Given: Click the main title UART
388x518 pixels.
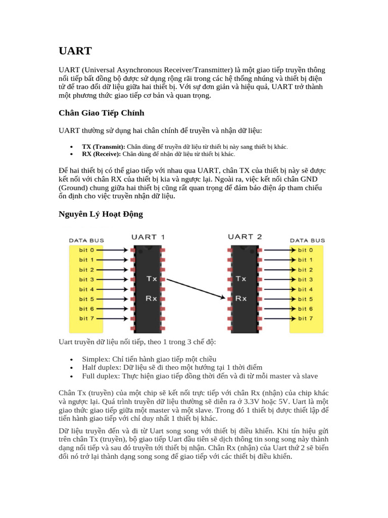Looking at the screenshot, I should pyautogui.click(x=75, y=51).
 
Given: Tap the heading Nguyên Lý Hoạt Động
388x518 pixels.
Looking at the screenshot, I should pyautogui.click(x=101, y=214).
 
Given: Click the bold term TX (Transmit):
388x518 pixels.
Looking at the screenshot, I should pyautogui.click(x=103, y=147).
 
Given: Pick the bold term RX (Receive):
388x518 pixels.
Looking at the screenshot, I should pyautogui.click(x=101, y=154).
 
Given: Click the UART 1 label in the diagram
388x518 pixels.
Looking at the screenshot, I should pyautogui.click(x=148, y=237).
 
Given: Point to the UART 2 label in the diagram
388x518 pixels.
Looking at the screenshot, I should pyautogui.click(x=245, y=237).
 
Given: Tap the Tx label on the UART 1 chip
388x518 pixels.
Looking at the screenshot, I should pyautogui.click(x=152, y=279).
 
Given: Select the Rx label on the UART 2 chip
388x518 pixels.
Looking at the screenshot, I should pyautogui.click(x=241, y=298).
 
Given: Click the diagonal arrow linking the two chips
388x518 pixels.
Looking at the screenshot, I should pyautogui.click(x=196, y=288).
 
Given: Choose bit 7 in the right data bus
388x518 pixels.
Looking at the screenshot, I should pyautogui.click(x=305, y=318).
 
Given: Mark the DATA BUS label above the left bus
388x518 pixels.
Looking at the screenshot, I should pyautogui.click(x=86, y=240).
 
